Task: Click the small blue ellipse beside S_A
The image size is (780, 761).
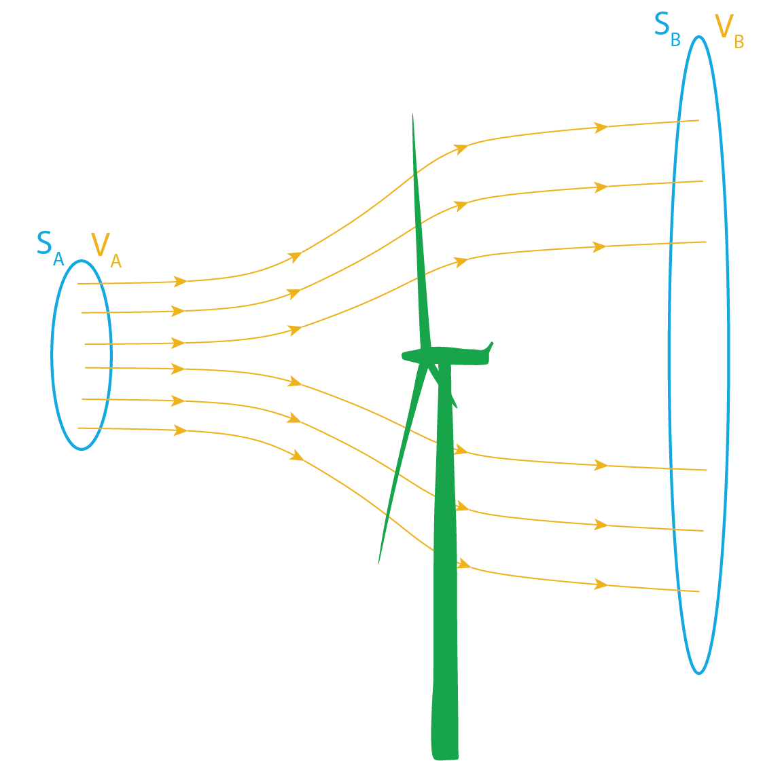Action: coord(52,353)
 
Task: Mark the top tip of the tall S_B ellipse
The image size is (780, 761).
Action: coord(698,37)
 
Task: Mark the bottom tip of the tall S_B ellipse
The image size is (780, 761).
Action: coord(698,673)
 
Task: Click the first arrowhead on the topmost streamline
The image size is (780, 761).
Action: coord(181,281)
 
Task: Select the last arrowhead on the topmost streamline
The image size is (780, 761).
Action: coord(601,127)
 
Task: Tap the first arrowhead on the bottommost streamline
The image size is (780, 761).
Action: coord(181,430)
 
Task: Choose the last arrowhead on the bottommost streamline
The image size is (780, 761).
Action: coord(601,584)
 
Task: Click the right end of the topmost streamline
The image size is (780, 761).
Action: coord(699,121)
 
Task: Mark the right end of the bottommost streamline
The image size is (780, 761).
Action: coord(699,592)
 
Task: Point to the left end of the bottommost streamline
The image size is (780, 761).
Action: coord(78,428)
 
